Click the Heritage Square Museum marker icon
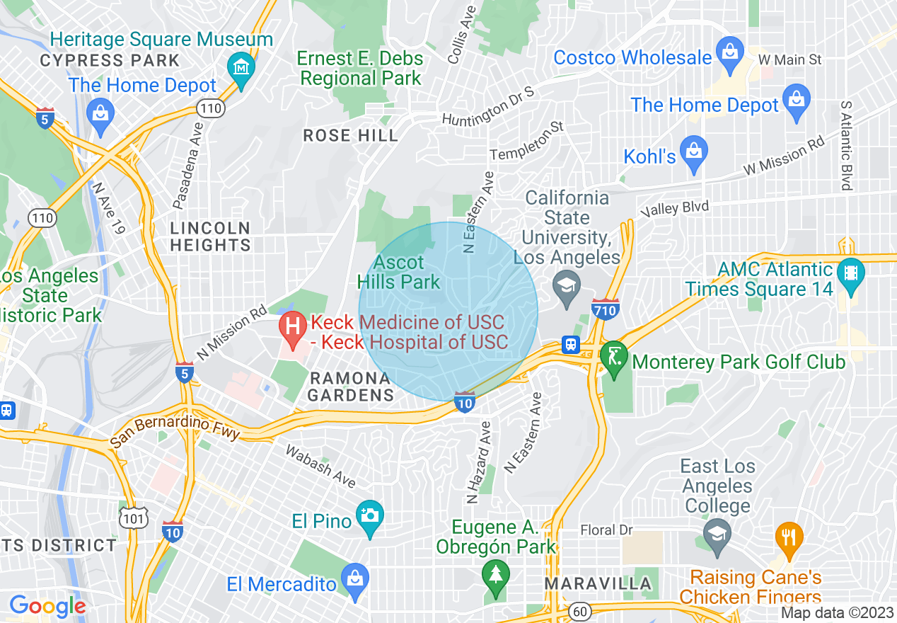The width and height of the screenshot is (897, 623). tap(242, 69)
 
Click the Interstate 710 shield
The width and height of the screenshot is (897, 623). tap(606, 309)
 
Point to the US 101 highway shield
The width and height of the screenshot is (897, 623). tap(134, 518)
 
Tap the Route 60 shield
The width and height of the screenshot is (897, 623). tap(579, 611)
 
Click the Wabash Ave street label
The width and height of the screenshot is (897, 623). tap(320, 466)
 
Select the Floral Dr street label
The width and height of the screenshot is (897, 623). tap(606, 530)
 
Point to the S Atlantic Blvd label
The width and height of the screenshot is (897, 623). tap(845, 145)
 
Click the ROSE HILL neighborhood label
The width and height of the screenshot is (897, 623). tap(350, 135)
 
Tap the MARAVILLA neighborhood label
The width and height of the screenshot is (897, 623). tap(598, 584)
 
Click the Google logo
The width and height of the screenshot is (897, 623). tap(47, 606)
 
